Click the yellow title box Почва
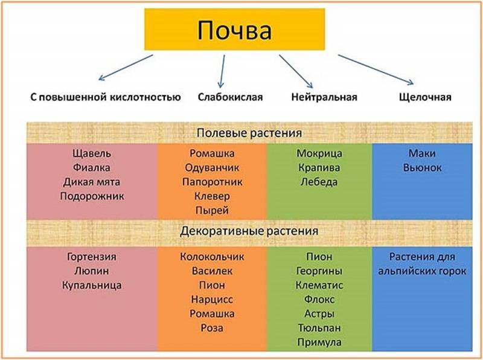[x=234, y=29]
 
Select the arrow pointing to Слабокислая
[x=222, y=71]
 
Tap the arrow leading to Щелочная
[x=376, y=69]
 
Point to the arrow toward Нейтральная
[x=296, y=71]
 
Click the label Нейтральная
[x=324, y=97]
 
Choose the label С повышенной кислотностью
[x=105, y=97]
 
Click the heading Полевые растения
[x=249, y=133]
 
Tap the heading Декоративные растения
[x=249, y=231]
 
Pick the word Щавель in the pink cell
[x=92, y=153]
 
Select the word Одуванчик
[x=212, y=168]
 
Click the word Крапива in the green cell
[x=319, y=168]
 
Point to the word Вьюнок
[x=422, y=168]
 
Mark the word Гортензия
[x=92, y=257]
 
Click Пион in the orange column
[x=212, y=285]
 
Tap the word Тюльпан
[x=319, y=328]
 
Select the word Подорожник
[x=92, y=196]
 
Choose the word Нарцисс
[x=212, y=300]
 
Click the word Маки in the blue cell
[x=422, y=153]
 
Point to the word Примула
[x=319, y=342]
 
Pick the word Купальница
[x=92, y=286]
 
